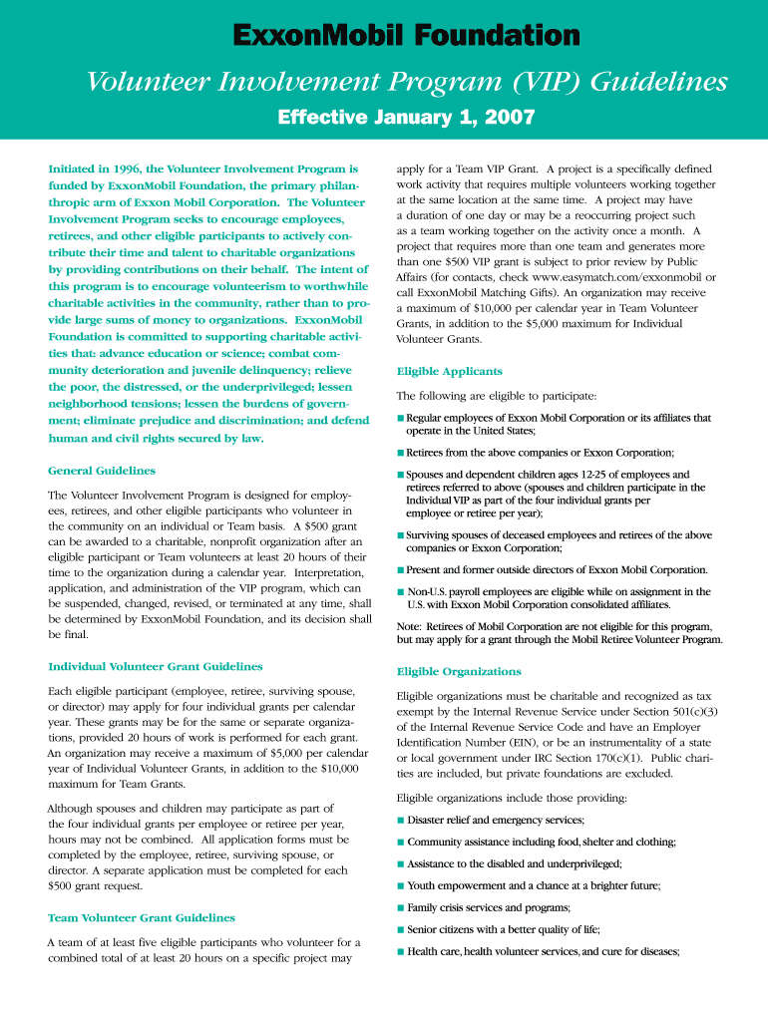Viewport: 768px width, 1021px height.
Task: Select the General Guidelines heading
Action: (x=102, y=471)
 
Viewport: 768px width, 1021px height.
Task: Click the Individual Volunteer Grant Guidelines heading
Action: (x=156, y=666)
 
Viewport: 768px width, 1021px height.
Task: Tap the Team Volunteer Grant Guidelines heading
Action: (x=142, y=917)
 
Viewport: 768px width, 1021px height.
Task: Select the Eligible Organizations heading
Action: (x=459, y=671)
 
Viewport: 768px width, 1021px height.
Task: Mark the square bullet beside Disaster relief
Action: (x=401, y=820)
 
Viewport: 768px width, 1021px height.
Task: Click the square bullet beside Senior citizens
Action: (x=401, y=929)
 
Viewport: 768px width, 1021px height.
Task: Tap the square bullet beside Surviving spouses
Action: (x=401, y=535)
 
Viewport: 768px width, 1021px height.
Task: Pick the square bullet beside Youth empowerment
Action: (x=401, y=885)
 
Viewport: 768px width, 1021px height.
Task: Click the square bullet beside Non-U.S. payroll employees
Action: (x=401, y=591)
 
